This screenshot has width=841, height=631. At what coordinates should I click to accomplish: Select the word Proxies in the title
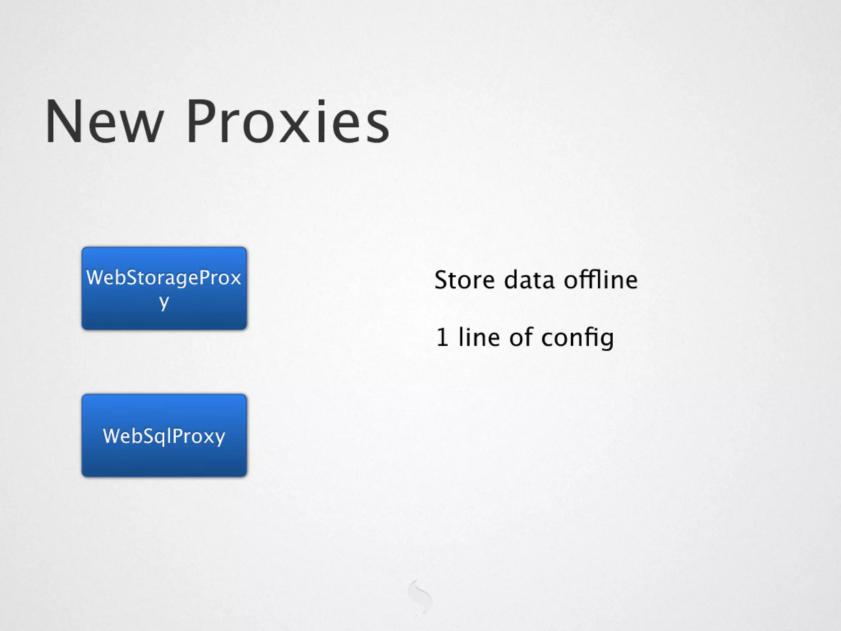(287, 122)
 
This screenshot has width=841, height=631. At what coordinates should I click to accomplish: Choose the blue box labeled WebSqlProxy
(164, 435)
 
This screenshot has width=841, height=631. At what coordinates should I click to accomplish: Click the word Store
(464, 280)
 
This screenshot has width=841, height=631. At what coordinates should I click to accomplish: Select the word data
(528, 280)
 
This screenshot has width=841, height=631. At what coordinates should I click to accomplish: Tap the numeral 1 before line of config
(442, 338)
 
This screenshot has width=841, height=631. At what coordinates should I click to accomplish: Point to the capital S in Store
(442, 280)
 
